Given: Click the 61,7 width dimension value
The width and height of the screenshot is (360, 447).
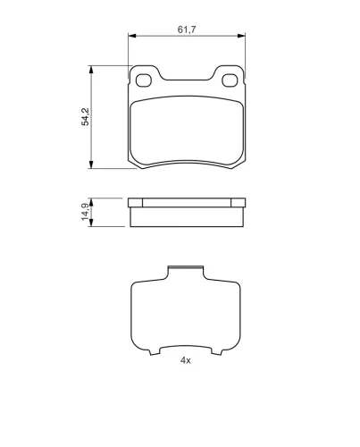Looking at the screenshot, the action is point(187,30).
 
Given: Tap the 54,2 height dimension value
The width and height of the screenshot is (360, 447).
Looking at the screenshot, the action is point(86,117).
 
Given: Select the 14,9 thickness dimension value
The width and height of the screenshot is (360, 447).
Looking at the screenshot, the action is point(86,212).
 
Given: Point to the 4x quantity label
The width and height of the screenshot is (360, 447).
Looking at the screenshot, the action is point(186,360).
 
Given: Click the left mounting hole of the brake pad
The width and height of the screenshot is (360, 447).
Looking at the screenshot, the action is point(144,80).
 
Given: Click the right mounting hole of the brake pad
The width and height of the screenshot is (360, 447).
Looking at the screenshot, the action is point(230,80).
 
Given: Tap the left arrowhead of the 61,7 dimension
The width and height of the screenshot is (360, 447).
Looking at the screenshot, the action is point(132,36).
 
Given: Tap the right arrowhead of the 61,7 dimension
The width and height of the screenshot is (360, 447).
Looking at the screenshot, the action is point(241,36).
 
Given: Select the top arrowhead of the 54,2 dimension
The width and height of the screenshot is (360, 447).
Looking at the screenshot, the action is point(91,70).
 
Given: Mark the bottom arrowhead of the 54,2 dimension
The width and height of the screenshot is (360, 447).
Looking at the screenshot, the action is point(91,164).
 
